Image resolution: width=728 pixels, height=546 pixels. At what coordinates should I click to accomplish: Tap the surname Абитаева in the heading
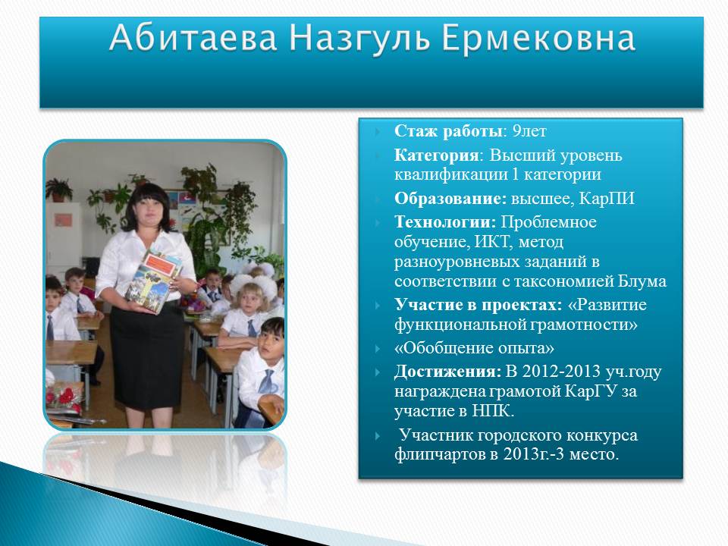(193, 37)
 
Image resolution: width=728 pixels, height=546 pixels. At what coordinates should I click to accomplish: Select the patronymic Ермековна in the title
(538, 38)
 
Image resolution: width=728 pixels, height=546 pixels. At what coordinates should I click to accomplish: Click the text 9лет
(529, 131)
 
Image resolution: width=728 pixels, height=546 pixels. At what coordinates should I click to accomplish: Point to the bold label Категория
(436, 155)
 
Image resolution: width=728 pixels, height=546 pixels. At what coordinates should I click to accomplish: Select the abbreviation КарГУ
(591, 391)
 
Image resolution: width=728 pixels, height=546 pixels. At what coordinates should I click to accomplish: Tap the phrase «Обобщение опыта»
(474, 348)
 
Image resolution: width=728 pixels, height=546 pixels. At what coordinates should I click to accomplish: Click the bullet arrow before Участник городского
(378, 435)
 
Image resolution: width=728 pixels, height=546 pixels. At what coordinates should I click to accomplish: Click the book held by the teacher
(153, 281)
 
